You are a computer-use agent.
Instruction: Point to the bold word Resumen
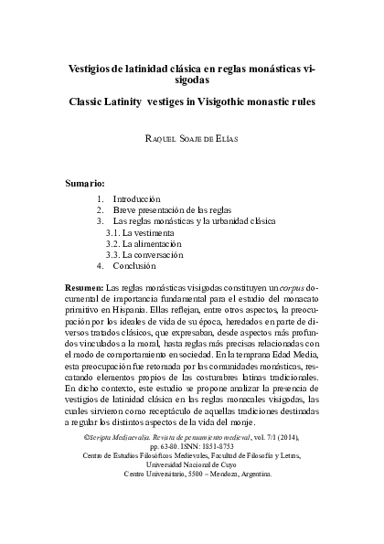(x=86, y=287)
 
